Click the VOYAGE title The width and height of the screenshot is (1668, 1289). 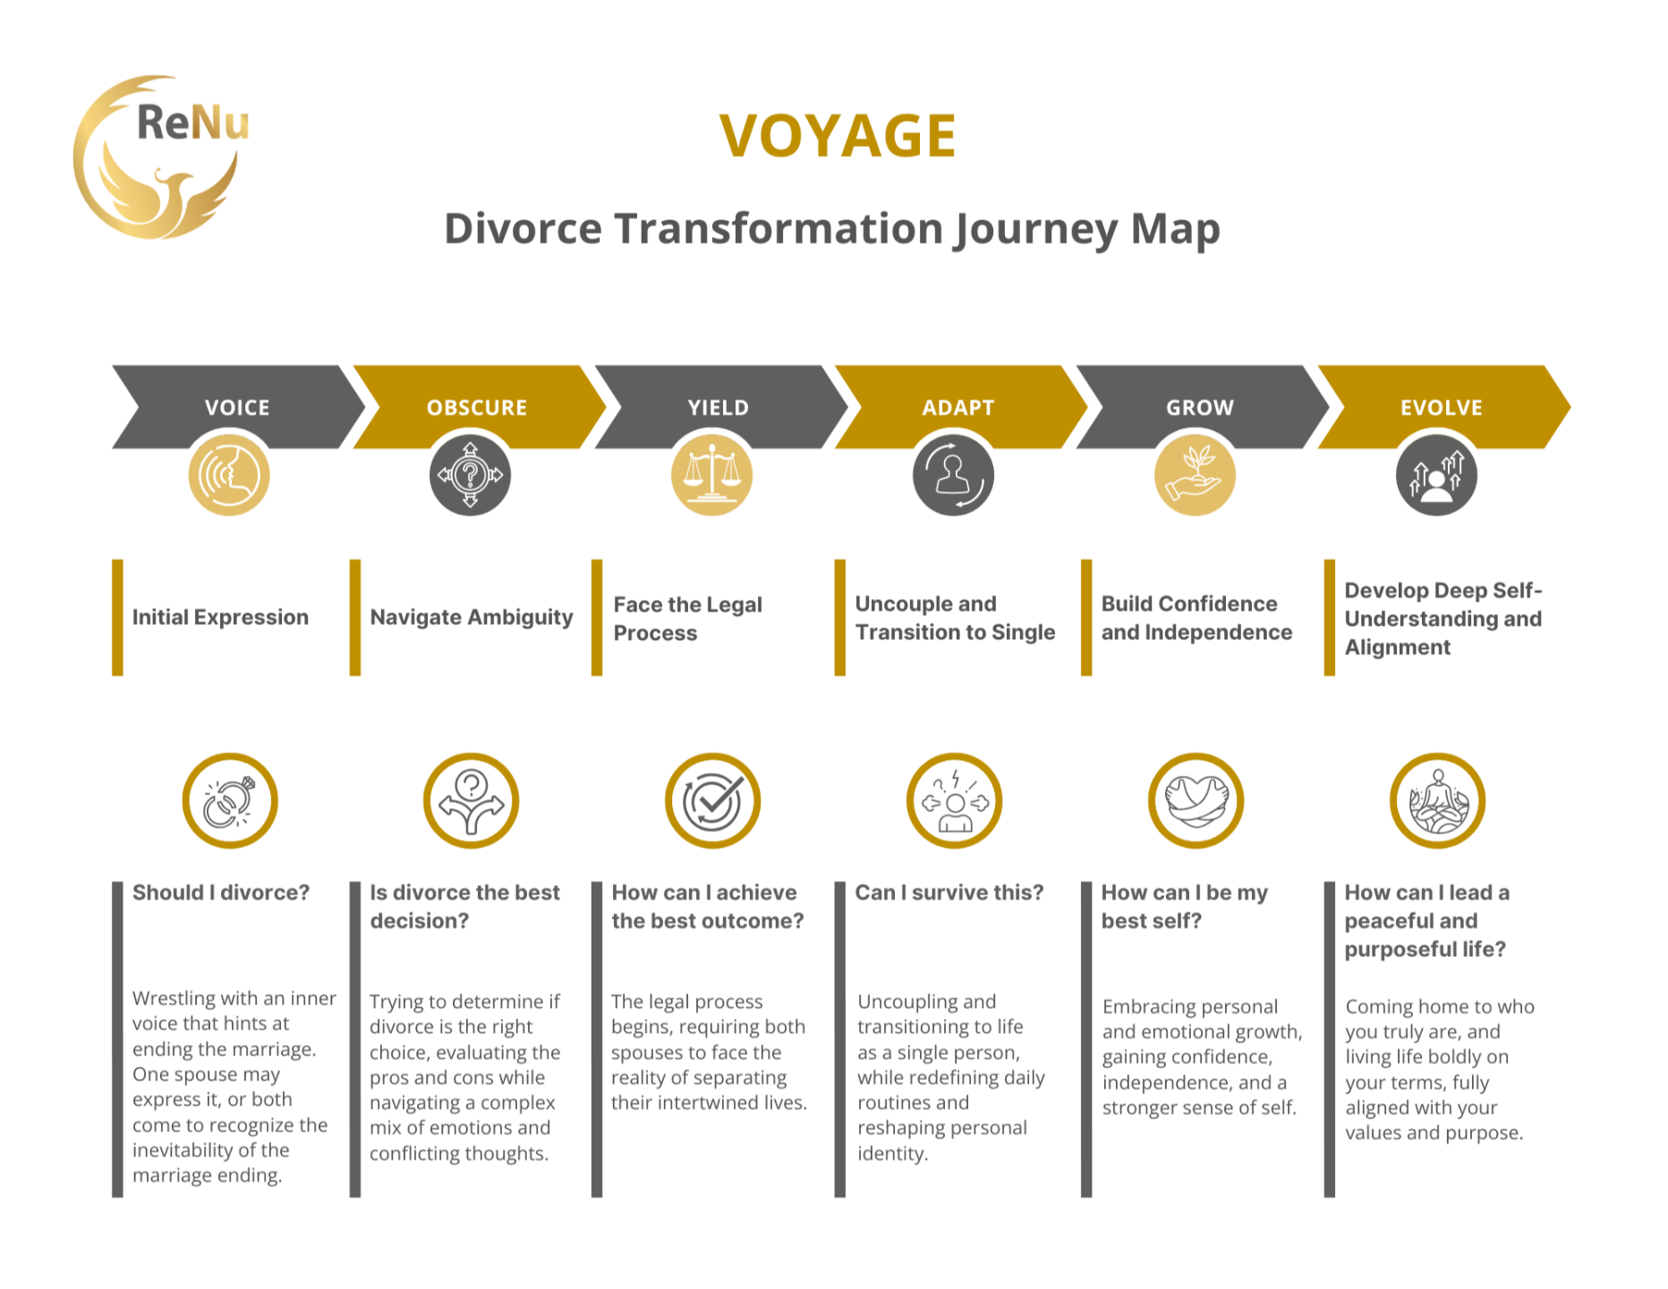pos(838,136)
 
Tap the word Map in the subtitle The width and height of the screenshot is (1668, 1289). pos(1175,229)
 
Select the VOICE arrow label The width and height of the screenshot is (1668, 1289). pos(237,408)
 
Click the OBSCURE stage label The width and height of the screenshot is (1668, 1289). pos(477,408)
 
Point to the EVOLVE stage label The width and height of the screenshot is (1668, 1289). pos(1441,408)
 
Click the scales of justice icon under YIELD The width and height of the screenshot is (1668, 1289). pos(711,474)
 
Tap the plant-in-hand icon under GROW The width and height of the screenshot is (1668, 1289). pos(1195,474)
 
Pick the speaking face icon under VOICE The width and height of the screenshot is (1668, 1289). pos(229,474)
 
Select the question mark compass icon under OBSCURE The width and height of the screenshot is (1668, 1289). pos(470,474)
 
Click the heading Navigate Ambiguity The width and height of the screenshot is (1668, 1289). pos(472,618)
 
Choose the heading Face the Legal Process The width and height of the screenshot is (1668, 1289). pos(687,619)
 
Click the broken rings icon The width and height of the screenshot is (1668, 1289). pos(230,800)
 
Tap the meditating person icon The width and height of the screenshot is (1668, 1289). pos(1437,800)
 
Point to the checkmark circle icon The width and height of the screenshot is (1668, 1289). pos(712,800)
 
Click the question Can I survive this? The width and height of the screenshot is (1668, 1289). pos(949,892)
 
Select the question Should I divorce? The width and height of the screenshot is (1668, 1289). pos(221,892)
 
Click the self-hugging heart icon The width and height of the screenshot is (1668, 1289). pos(1196,800)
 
